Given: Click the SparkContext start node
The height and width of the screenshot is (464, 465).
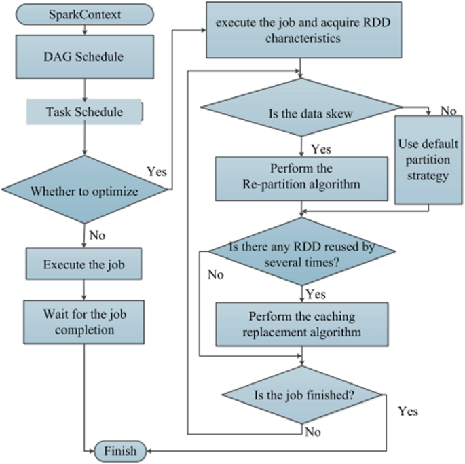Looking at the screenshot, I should point(84,14).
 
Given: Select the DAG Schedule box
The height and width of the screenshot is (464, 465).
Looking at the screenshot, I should point(84,58).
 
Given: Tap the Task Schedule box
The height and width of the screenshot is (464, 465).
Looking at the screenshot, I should point(84,111).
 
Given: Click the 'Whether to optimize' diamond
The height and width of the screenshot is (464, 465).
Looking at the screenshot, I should point(84,191).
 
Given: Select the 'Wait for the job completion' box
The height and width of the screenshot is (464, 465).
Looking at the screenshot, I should point(84,323).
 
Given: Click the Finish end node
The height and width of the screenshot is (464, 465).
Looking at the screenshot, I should point(119,450).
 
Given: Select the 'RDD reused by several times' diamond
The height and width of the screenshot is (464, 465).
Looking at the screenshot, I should point(301,255).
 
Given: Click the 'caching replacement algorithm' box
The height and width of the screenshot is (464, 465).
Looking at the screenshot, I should point(301,325).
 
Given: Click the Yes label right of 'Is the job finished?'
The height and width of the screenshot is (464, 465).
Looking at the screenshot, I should point(408,411).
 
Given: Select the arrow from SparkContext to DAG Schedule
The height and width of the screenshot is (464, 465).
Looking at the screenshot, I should point(84,29).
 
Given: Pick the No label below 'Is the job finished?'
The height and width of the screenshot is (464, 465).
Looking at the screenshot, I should point(312,431).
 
